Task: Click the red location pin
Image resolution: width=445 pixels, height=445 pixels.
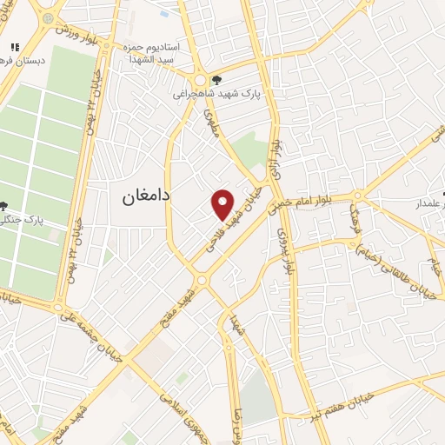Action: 223,204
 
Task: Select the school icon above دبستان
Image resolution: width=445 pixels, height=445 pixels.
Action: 14,47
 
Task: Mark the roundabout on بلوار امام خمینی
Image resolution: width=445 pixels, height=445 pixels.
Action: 357,196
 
